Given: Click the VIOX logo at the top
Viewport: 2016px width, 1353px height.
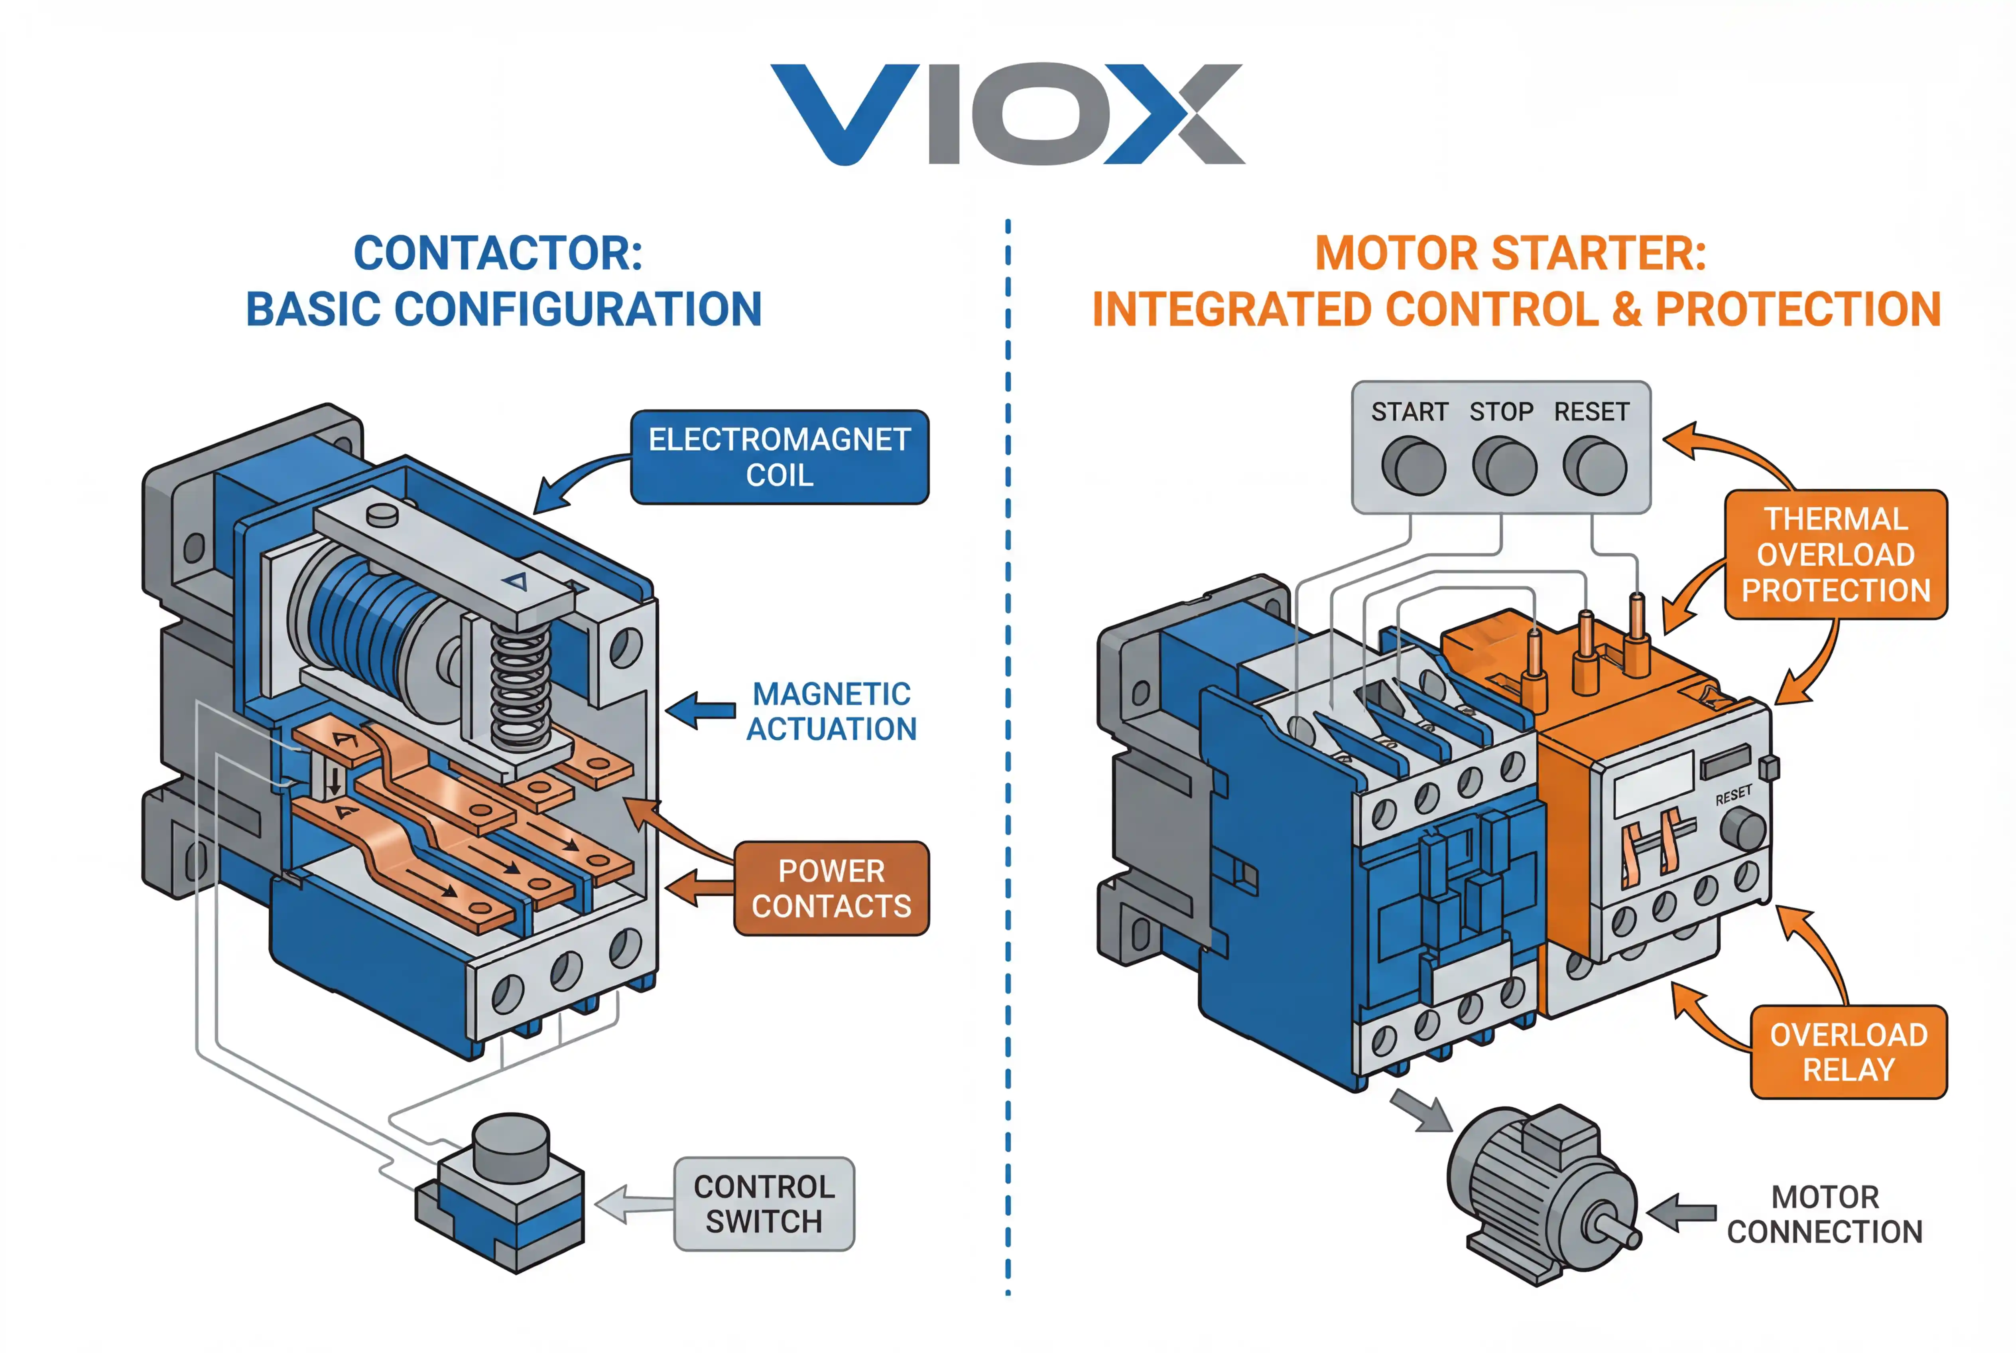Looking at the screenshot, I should coord(1007,114).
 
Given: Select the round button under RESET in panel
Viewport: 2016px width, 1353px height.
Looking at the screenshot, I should coord(1595,466).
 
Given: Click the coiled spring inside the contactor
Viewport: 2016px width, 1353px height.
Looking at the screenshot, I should coord(520,686).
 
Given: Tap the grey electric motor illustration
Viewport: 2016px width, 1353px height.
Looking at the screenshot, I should coord(1540,1195).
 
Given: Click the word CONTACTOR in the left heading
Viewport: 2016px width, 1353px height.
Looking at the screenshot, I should coord(498,254).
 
